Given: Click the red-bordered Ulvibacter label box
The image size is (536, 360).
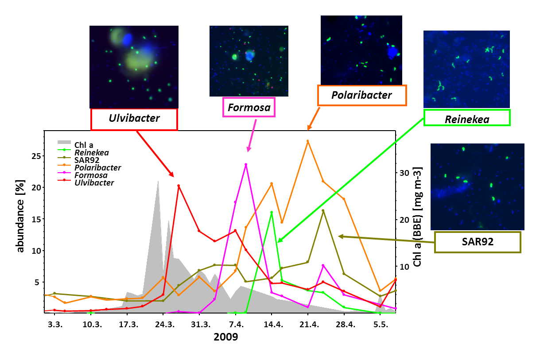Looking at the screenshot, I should [x=134, y=119].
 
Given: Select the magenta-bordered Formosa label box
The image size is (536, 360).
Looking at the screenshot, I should [x=249, y=107].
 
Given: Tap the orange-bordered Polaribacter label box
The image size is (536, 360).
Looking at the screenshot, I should [x=361, y=95].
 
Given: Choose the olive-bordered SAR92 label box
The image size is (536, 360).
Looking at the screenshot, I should [x=477, y=242].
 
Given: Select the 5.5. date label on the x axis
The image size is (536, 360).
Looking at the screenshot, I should [x=381, y=325].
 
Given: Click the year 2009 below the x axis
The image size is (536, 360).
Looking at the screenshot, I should [x=225, y=337].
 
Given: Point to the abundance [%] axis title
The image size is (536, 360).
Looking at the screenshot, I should [x=21, y=216].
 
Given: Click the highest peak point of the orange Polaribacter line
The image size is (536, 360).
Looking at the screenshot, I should [x=307, y=141].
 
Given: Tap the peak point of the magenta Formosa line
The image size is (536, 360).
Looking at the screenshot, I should [x=246, y=165].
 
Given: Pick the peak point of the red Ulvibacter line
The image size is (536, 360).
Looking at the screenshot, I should [x=179, y=186].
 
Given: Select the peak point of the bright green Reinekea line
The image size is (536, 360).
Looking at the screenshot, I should [x=272, y=213].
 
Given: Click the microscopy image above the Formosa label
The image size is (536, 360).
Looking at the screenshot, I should [x=249, y=61].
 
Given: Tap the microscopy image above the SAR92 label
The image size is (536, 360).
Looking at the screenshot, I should [x=477, y=186].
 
